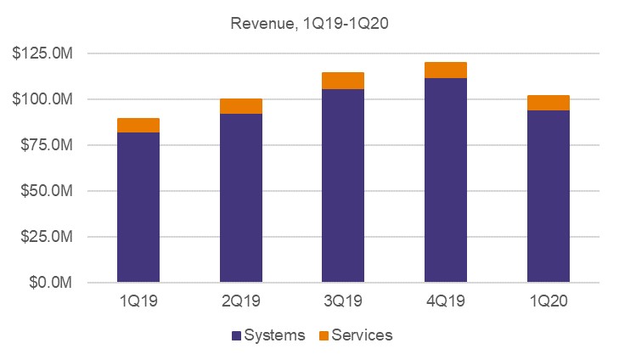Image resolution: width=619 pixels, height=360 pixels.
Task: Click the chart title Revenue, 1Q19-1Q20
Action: click(x=309, y=23)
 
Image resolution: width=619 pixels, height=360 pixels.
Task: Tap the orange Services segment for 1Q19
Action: click(x=138, y=126)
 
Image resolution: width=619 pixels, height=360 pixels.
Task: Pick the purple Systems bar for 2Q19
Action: click(x=241, y=198)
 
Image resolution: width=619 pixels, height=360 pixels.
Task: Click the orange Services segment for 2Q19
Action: click(x=241, y=106)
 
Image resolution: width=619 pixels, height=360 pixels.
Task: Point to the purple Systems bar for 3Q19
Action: click(x=343, y=185)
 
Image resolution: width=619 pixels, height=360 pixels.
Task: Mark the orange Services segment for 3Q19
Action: click(x=343, y=81)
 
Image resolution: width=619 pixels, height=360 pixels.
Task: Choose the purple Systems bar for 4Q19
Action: click(x=446, y=180)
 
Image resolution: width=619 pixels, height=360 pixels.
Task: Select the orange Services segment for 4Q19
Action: click(x=446, y=70)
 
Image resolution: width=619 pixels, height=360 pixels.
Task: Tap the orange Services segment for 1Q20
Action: click(x=548, y=103)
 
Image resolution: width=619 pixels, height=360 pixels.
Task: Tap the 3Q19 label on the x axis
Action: click(x=343, y=301)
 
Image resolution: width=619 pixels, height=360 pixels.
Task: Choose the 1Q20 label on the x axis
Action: click(x=548, y=301)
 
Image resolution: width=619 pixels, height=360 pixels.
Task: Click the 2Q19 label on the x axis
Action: click(x=241, y=301)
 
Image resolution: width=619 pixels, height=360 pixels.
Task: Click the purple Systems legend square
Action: click(x=235, y=335)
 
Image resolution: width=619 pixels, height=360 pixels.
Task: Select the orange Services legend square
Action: click(x=323, y=335)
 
